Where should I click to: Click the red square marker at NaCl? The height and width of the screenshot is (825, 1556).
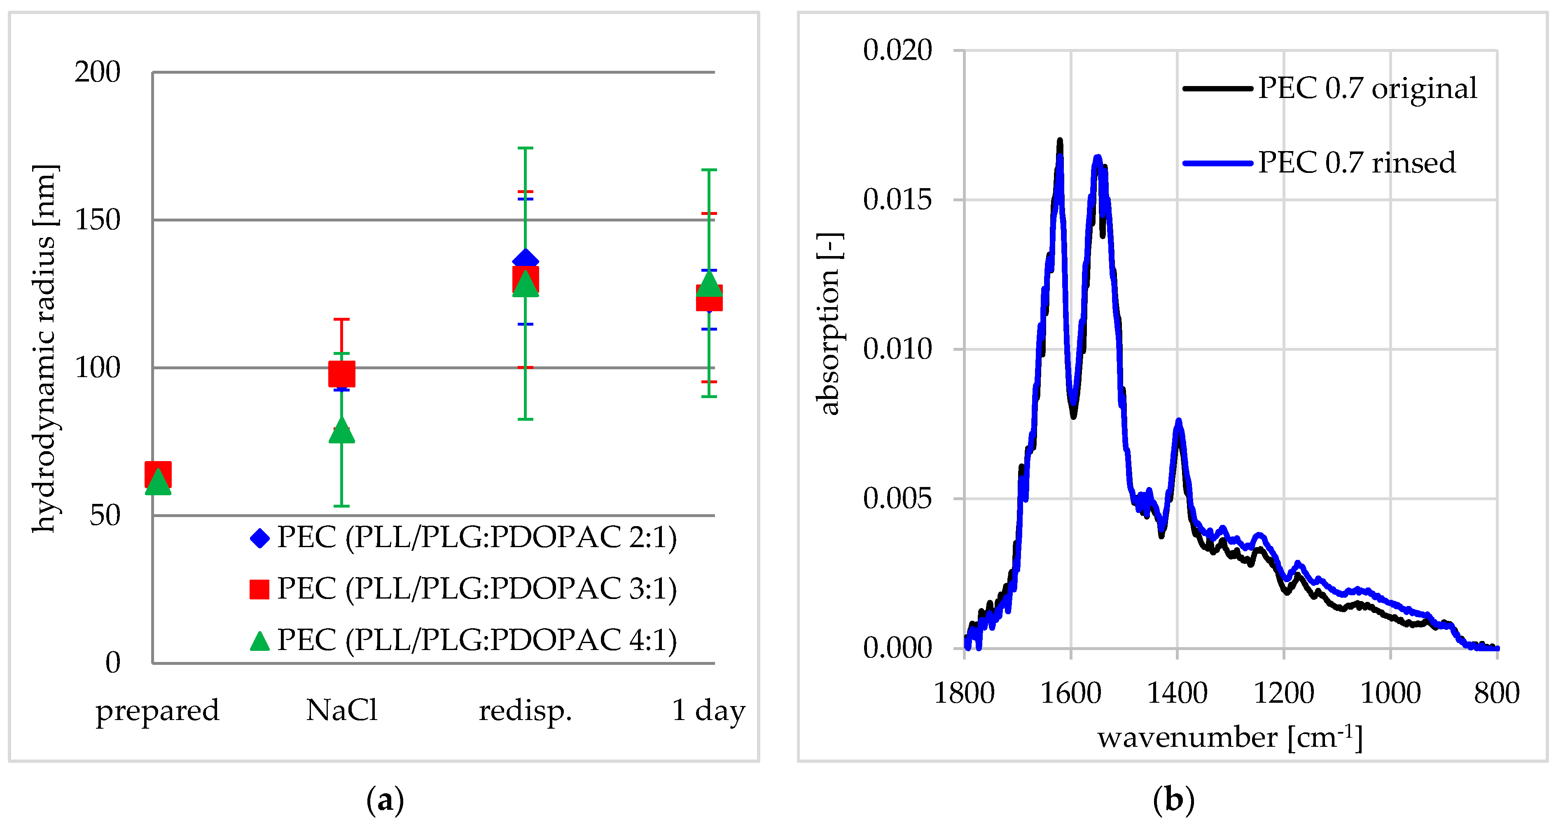(x=341, y=374)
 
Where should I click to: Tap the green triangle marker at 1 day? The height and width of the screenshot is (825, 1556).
(x=709, y=284)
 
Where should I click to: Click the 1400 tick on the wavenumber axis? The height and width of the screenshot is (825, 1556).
(x=1177, y=693)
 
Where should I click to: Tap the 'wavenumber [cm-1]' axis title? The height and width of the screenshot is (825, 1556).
(x=1230, y=737)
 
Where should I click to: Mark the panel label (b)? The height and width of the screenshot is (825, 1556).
(x=1173, y=800)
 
